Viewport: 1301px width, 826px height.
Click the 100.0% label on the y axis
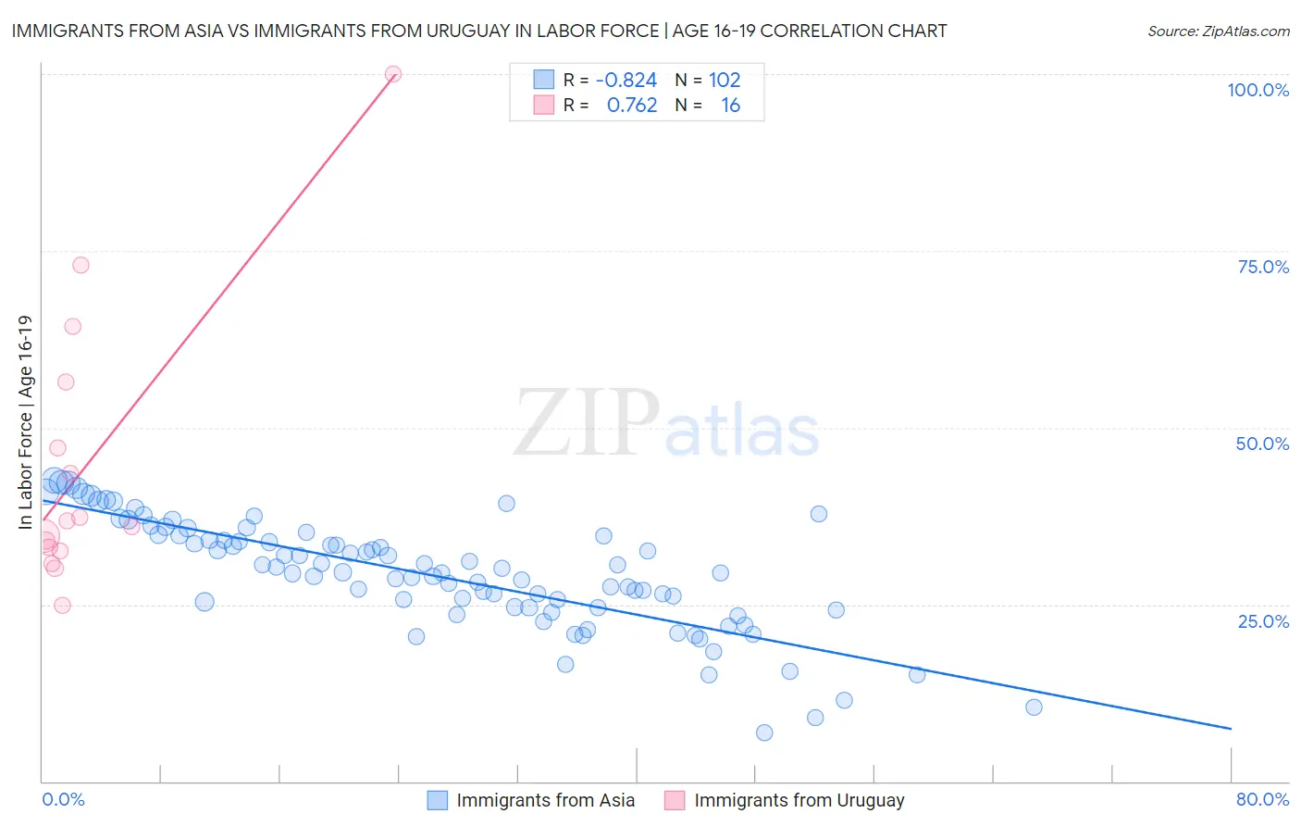pyautogui.click(x=1258, y=90)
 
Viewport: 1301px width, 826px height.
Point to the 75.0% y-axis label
pyautogui.click(x=1263, y=267)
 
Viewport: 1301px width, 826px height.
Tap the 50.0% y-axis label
pyautogui.click(x=1262, y=444)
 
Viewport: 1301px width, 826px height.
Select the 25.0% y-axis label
pyautogui.click(x=1263, y=621)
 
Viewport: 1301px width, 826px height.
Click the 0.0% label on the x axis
pyautogui.click(x=63, y=799)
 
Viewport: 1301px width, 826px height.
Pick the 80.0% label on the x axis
pyautogui.click(x=1262, y=799)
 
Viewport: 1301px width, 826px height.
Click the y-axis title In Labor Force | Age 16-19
pyautogui.click(x=25, y=422)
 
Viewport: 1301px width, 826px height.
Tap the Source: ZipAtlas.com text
pyautogui.click(x=1218, y=31)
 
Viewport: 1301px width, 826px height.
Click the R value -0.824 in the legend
pyautogui.click(x=626, y=80)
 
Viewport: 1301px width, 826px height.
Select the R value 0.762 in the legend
pyautogui.click(x=632, y=106)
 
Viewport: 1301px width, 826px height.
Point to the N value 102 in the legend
pyautogui.click(x=725, y=80)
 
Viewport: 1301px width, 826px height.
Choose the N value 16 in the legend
pyautogui.click(x=730, y=106)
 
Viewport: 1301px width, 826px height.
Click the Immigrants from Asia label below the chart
pyautogui.click(x=545, y=801)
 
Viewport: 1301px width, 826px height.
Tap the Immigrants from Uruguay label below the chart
pyautogui.click(x=799, y=801)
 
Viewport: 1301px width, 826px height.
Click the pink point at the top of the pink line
pyautogui.click(x=393, y=74)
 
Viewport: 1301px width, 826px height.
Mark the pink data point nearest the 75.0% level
pyautogui.click(x=81, y=265)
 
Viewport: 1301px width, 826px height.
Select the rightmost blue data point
pyautogui.click(x=1034, y=707)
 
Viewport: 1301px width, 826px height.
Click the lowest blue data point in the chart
pyautogui.click(x=764, y=732)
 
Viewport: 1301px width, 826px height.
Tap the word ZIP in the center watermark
pyautogui.click(x=587, y=423)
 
